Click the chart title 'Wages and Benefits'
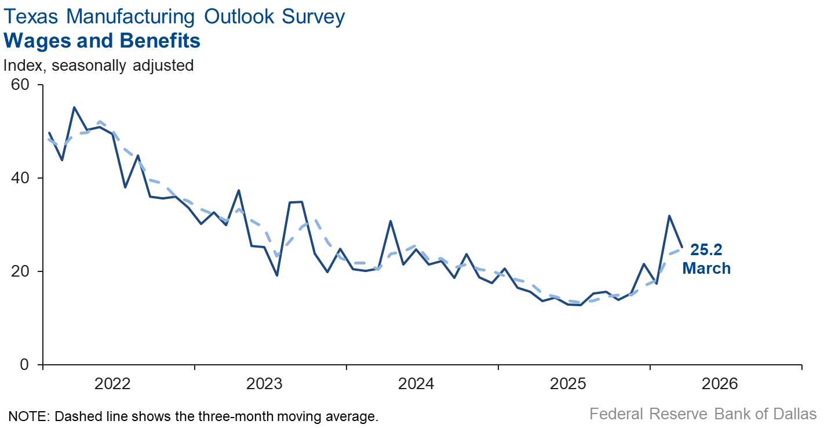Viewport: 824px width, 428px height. point(102,41)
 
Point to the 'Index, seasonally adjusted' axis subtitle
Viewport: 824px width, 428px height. point(99,66)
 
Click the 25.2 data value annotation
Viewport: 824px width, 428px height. point(706,251)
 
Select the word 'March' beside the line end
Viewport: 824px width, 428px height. point(706,269)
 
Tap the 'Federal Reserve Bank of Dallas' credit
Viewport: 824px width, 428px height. point(703,414)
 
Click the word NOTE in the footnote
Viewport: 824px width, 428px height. point(24,416)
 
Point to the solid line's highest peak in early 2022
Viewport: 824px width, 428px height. point(74,107)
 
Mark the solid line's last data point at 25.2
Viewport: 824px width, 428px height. point(681,247)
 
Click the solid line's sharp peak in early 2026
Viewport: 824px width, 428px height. point(669,216)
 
